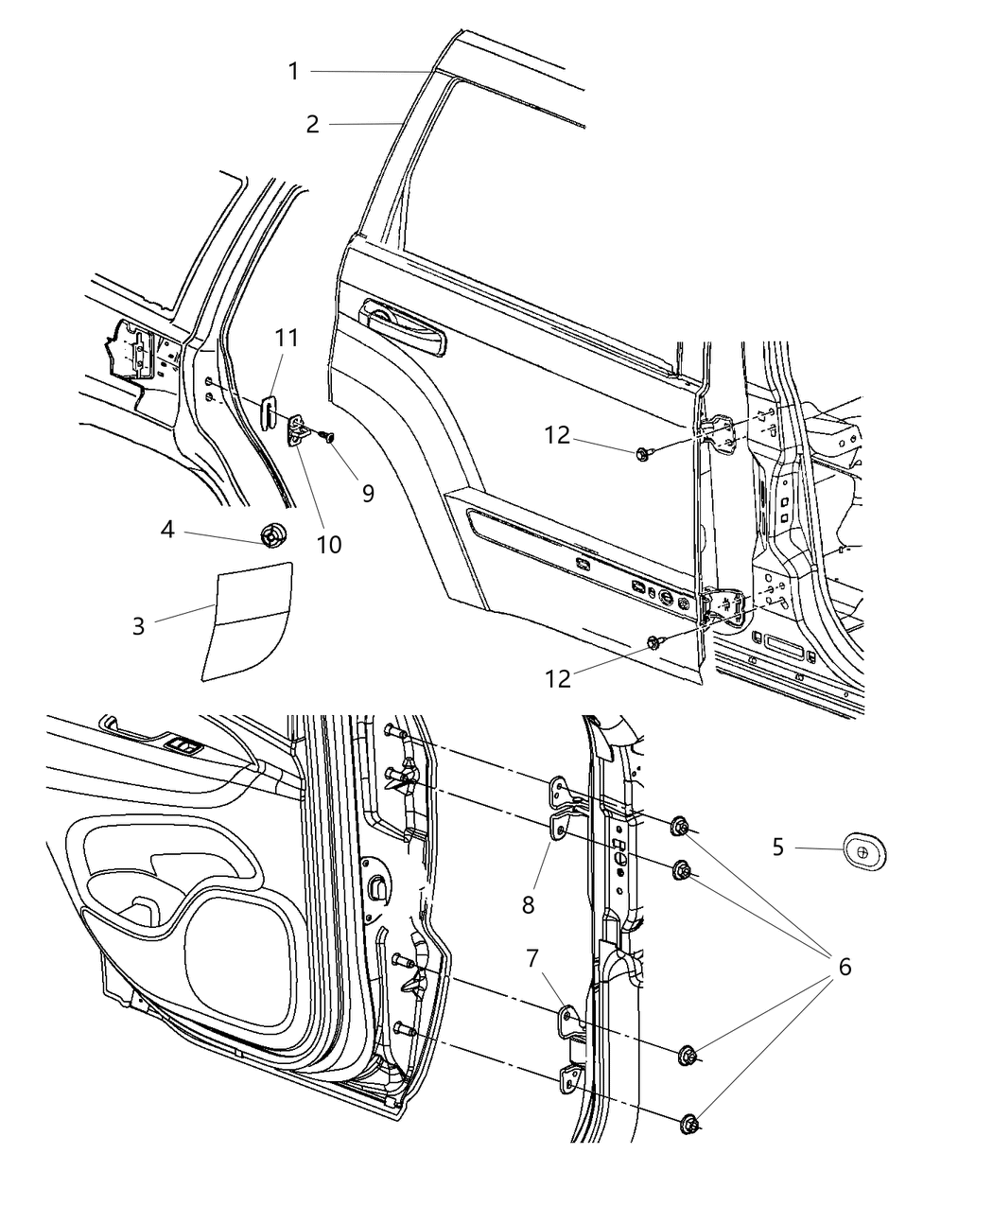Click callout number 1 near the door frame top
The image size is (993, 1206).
point(293,71)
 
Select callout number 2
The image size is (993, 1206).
point(312,124)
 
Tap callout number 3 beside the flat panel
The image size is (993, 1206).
point(139,626)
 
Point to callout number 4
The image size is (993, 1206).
point(167,529)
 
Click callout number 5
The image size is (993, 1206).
point(778,847)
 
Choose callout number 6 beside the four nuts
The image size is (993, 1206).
point(844,966)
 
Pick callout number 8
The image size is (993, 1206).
point(528,904)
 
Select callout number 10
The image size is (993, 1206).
point(329,544)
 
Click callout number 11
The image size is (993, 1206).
point(287,338)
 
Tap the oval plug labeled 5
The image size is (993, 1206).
point(862,850)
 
